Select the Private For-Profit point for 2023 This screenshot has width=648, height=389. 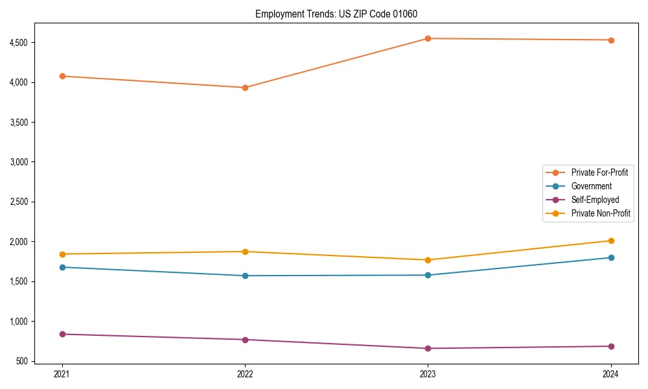(428, 38)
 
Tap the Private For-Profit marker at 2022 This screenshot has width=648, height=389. (245, 88)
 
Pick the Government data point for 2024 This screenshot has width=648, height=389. (610, 257)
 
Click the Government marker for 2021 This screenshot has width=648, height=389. (62, 267)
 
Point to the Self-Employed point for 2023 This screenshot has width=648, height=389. (428, 348)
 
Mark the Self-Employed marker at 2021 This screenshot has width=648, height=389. (62, 334)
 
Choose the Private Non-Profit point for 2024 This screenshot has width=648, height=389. (610, 241)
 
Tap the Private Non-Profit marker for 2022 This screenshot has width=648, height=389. (245, 252)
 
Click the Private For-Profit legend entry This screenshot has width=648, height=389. (599, 172)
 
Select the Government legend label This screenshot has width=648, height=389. (591, 186)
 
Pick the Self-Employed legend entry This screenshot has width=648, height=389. (595, 200)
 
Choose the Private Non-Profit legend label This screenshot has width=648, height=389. (601, 213)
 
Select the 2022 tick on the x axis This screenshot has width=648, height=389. (245, 374)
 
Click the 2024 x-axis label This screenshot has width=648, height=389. (610, 374)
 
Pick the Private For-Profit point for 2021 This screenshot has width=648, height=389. (62, 76)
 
